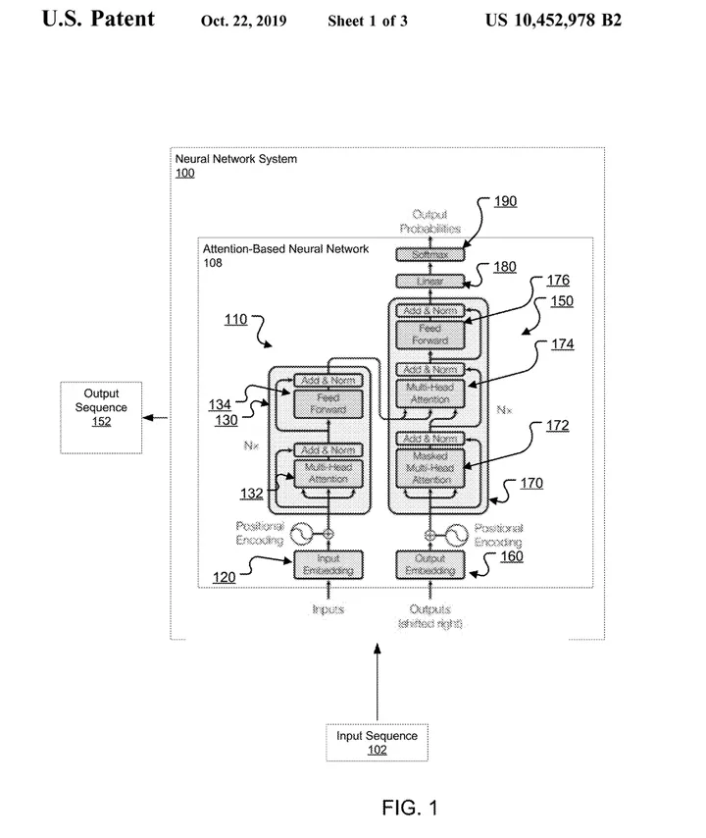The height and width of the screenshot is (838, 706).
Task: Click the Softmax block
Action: pyautogui.click(x=429, y=254)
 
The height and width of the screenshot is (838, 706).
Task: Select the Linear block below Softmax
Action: pyautogui.click(x=429, y=282)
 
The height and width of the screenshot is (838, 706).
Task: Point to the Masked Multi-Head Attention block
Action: pyautogui.click(x=429, y=468)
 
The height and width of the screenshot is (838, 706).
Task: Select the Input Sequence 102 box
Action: pyautogui.click(x=377, y=743)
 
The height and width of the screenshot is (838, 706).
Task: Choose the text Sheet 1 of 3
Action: pyautogui.click(x=368, y=21)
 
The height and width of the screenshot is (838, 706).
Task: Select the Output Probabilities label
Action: pyautogui.click(x=429, y=222)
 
